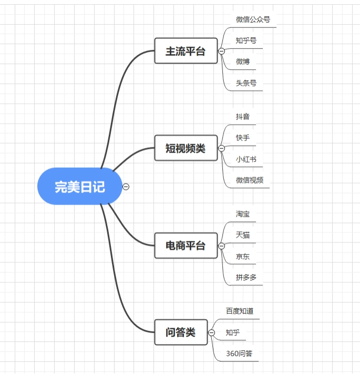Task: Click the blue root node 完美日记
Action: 80,186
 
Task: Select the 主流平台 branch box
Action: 186,51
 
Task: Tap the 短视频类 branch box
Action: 186,148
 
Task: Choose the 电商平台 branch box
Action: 186,246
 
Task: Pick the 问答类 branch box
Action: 180,332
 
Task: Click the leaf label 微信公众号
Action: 253,19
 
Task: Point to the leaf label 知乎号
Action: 246,41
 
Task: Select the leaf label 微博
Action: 243,62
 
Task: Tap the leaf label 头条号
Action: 246,83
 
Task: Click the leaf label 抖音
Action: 243,116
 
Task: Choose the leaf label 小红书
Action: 246,159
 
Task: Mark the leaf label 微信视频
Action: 250,180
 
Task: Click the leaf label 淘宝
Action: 243,214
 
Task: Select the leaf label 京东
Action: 243,256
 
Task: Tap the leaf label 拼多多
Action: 246,277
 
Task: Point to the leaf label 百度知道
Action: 240,311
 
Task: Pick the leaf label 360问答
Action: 239,353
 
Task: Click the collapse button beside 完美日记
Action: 126,186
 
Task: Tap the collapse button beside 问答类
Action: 211,332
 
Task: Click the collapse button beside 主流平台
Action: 221,51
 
